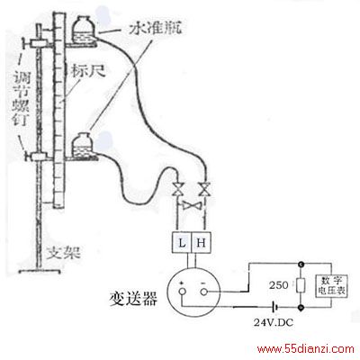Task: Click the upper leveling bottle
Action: point(85,30)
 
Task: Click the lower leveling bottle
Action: point(85,145)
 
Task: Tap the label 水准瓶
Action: point(156,29)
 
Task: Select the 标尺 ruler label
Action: point(88,71)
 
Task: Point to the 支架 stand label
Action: point(64,254)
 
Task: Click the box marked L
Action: point(182,242)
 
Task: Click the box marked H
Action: point(202,242)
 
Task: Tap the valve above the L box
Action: point(178,189)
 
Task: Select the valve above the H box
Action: point(204,189)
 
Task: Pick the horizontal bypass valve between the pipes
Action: point(192,205)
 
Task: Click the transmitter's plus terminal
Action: point(182,292)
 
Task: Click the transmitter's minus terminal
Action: point(204,292)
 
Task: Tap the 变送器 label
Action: point(133,299)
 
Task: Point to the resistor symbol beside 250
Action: point(301,285)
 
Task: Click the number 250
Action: point(279,285)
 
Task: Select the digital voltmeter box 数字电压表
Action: point(332,286)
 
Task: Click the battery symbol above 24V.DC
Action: point(274,307)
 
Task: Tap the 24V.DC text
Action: point(274,323)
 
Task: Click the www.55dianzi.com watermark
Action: point(305,349)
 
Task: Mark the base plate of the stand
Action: point(40,272)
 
